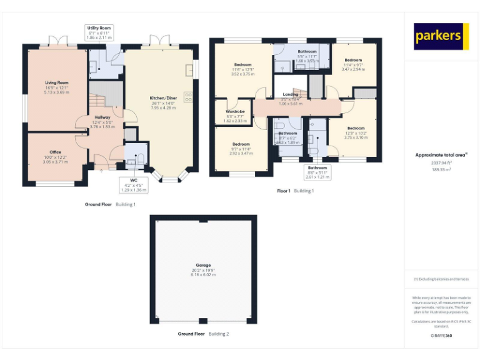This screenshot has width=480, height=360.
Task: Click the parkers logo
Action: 441,37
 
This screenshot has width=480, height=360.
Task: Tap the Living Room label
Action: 56,82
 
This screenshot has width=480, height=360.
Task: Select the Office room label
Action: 56,152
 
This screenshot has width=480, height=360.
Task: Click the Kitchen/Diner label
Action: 163,99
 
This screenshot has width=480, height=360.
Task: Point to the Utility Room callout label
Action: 99,28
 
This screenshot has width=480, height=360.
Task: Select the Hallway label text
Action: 102,117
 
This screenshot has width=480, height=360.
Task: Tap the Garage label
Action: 203,265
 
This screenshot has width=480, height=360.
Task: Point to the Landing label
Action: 290,94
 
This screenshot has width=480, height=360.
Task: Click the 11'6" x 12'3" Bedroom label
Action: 242,65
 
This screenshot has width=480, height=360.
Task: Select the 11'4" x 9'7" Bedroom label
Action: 353,60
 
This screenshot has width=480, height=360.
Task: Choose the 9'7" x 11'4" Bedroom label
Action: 241,144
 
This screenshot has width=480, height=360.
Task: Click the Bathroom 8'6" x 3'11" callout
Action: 317,167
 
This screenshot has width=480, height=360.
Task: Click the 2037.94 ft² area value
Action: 440,162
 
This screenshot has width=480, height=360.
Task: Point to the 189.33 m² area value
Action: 441,169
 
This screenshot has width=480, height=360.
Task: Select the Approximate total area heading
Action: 441,154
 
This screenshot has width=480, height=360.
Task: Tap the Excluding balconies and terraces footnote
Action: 441,279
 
